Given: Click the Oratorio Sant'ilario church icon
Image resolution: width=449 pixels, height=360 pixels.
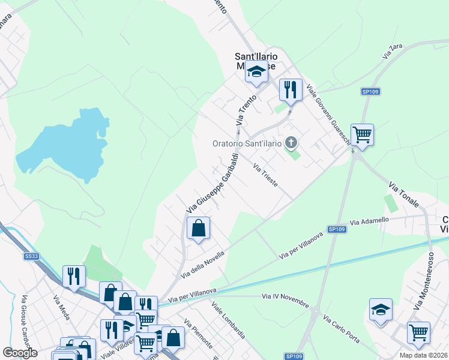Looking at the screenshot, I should point(291,143).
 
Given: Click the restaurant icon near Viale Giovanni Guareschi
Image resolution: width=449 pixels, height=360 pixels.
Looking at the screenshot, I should point(291,89).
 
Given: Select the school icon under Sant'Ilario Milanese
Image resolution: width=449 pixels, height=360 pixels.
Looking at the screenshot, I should point(257,71).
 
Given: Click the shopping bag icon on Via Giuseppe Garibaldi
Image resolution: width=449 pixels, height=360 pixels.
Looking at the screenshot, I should point(198,228).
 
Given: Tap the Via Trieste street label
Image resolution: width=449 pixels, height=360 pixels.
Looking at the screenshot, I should point(265,175).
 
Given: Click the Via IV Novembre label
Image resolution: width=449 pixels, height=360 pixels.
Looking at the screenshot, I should point(284,296).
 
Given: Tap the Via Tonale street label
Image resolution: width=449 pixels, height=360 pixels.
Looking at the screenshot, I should point(403,194).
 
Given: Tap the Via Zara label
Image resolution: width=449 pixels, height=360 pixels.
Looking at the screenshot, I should point(391,52).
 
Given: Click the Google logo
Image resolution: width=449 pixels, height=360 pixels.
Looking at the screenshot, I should point(20,353).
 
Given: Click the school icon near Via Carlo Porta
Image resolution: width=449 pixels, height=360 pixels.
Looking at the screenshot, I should point(380,310).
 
